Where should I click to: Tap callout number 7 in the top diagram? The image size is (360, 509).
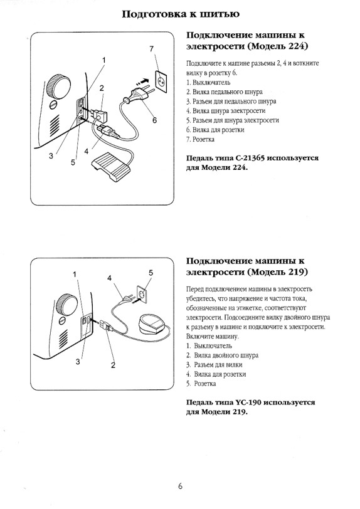(x=151, y=50)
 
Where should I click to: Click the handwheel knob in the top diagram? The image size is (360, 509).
(x=58, y=86)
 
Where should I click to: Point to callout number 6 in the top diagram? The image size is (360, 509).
(x=155, y=120)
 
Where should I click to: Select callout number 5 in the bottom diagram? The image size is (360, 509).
(x=151, y=273)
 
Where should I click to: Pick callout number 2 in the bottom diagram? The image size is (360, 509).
(x=113, y=365)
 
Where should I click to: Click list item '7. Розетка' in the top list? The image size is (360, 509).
(x=200, y=139)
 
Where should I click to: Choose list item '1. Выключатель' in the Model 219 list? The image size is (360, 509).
(x=209, y=346)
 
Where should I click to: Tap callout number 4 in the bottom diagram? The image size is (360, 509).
(x=110, y=278)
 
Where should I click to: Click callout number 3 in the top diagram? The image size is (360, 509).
(x=51, y=156)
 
